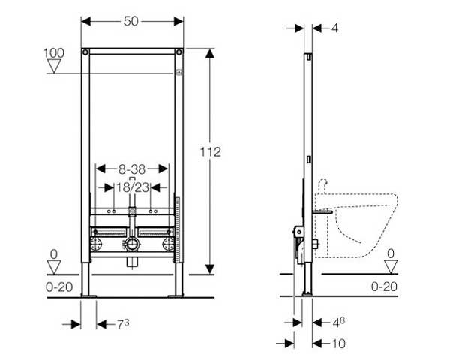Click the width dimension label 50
(x=130, y=21)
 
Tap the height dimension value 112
(x=210, y=151)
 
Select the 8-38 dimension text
(x=132, y=169)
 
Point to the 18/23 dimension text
(x=133, y=187)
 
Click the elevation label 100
(x=54, y=53)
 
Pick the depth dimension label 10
(x=339, y=343)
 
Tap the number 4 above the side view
(x=335, y=28)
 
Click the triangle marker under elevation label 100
(x=54, y=66)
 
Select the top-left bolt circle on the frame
(x=85, y=52)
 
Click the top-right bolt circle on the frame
(x=179, y=52)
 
